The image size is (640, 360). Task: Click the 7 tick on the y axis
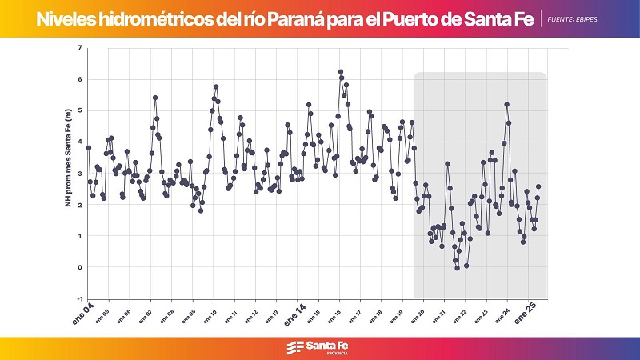(80, 48)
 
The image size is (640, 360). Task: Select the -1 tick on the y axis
(79, 298)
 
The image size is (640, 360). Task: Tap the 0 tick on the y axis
(80, 267)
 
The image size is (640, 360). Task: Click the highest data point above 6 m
(341, 72)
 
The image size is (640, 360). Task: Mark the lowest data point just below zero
(458, 269)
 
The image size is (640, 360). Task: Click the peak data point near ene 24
(507, 105)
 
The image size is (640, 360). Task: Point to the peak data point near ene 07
(155, 98)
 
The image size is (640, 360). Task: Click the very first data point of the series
(89, 148)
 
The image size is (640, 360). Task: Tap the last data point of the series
(538, 186)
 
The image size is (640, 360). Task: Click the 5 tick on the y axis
(80, 110)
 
